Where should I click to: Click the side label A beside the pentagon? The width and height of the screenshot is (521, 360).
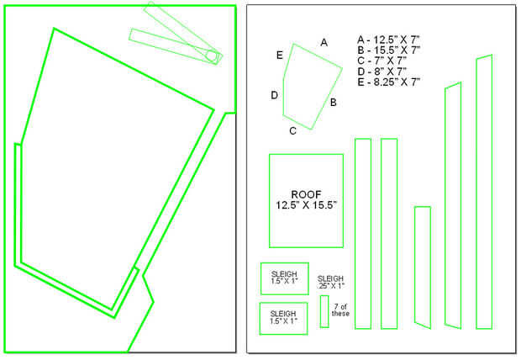tap(324, 41)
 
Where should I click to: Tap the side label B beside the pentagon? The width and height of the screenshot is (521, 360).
tap(334, 103)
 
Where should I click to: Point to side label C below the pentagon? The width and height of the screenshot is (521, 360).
tap(292, 130)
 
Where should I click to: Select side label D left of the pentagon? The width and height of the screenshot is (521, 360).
tap(274, 95)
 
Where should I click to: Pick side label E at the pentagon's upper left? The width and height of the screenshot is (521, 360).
tap(279, 55)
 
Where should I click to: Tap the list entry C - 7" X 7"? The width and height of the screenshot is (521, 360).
tap(381, 61)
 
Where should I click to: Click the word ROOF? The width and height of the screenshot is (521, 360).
tap(306, 193)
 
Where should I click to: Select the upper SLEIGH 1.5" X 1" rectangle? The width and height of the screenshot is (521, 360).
tap(285, 278)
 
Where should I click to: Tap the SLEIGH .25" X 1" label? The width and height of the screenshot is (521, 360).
tap(330, 282)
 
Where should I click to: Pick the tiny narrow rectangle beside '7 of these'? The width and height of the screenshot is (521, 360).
tap(324, 311)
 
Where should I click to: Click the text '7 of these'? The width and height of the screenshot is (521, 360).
tap(340, 310)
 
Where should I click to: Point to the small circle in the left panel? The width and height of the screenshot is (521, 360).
tap(212, 56)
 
